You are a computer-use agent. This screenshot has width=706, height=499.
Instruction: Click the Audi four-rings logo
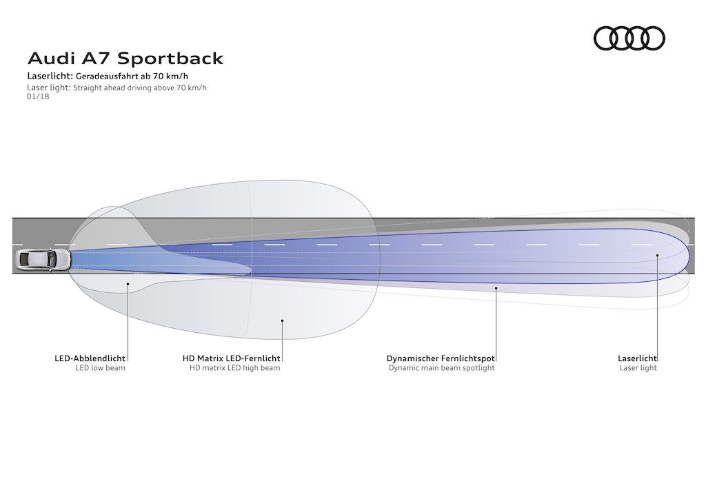click(629, 38)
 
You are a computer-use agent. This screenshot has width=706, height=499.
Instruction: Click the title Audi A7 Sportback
click(125, 59)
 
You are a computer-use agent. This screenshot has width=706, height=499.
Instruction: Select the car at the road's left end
click(43, 259)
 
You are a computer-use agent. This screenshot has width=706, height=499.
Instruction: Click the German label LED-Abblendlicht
click(90, 358)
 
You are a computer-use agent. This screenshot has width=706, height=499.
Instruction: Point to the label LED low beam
click(100, 368)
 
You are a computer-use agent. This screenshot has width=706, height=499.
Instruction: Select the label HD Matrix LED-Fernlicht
click(231, 358)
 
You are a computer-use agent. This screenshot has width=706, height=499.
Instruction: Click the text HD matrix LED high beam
click(234, 368)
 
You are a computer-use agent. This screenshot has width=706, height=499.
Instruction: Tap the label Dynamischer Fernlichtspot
click(441, 358)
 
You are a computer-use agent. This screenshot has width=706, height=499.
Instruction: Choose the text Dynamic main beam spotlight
click(441, 368)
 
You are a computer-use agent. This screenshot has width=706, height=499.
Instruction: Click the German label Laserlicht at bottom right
click(637, 358)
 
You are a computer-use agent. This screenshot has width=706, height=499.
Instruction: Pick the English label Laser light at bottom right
click(638, 368)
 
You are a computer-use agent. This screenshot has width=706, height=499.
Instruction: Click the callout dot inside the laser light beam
click(658, 256)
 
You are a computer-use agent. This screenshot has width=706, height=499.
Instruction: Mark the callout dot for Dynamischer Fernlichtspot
click(496, 289)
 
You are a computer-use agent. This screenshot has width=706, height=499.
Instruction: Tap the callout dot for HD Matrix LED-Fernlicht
click(282, 320)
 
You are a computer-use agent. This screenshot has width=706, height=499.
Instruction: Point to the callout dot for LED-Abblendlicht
click(128, 283)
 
